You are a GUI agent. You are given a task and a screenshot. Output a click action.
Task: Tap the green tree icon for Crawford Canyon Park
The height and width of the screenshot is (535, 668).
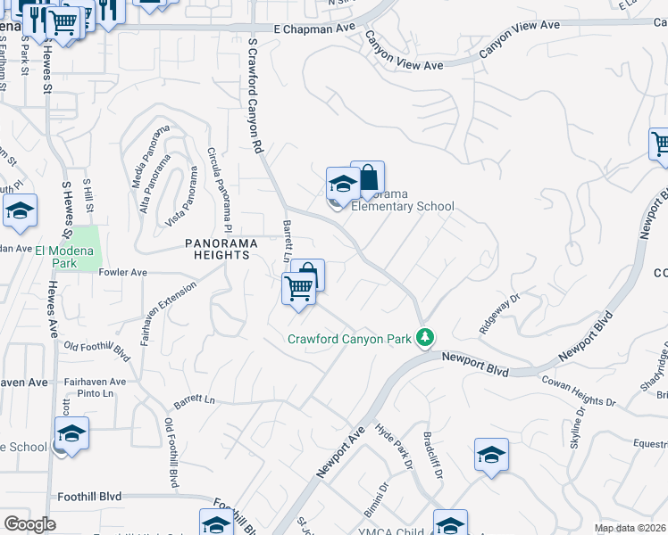point(427,337)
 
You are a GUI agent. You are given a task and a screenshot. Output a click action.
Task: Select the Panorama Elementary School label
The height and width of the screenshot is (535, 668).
point(402,201)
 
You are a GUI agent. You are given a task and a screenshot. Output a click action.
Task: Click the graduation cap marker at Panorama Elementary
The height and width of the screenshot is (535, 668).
point(342,185)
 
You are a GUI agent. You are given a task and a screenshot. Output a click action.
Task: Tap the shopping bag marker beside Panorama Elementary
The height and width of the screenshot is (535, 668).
point(368,178)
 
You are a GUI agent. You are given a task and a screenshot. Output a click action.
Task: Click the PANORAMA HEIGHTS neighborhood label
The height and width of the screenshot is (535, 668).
point(217,249)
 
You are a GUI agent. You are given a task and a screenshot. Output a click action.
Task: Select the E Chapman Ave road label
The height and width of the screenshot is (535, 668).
point(314,29)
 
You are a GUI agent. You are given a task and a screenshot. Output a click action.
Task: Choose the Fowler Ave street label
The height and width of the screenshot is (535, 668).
point(122,272)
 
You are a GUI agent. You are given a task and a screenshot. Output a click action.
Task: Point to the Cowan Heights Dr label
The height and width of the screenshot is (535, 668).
point(579,391)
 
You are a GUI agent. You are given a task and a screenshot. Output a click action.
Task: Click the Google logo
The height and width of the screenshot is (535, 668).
point(29,524)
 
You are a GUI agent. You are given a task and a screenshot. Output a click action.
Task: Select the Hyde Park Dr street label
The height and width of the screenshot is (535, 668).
point(394,447)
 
